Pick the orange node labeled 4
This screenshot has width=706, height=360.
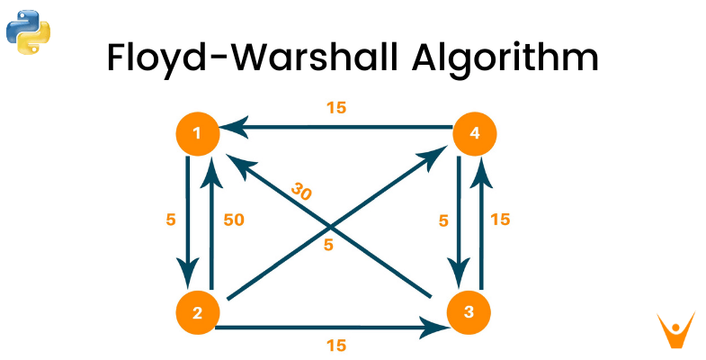(473, 135)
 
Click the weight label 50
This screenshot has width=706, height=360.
(234, 219)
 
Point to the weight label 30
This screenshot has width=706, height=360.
(301, 191)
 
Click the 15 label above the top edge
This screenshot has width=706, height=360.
(335, 108)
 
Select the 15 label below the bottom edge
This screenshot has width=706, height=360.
(335, 344)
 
